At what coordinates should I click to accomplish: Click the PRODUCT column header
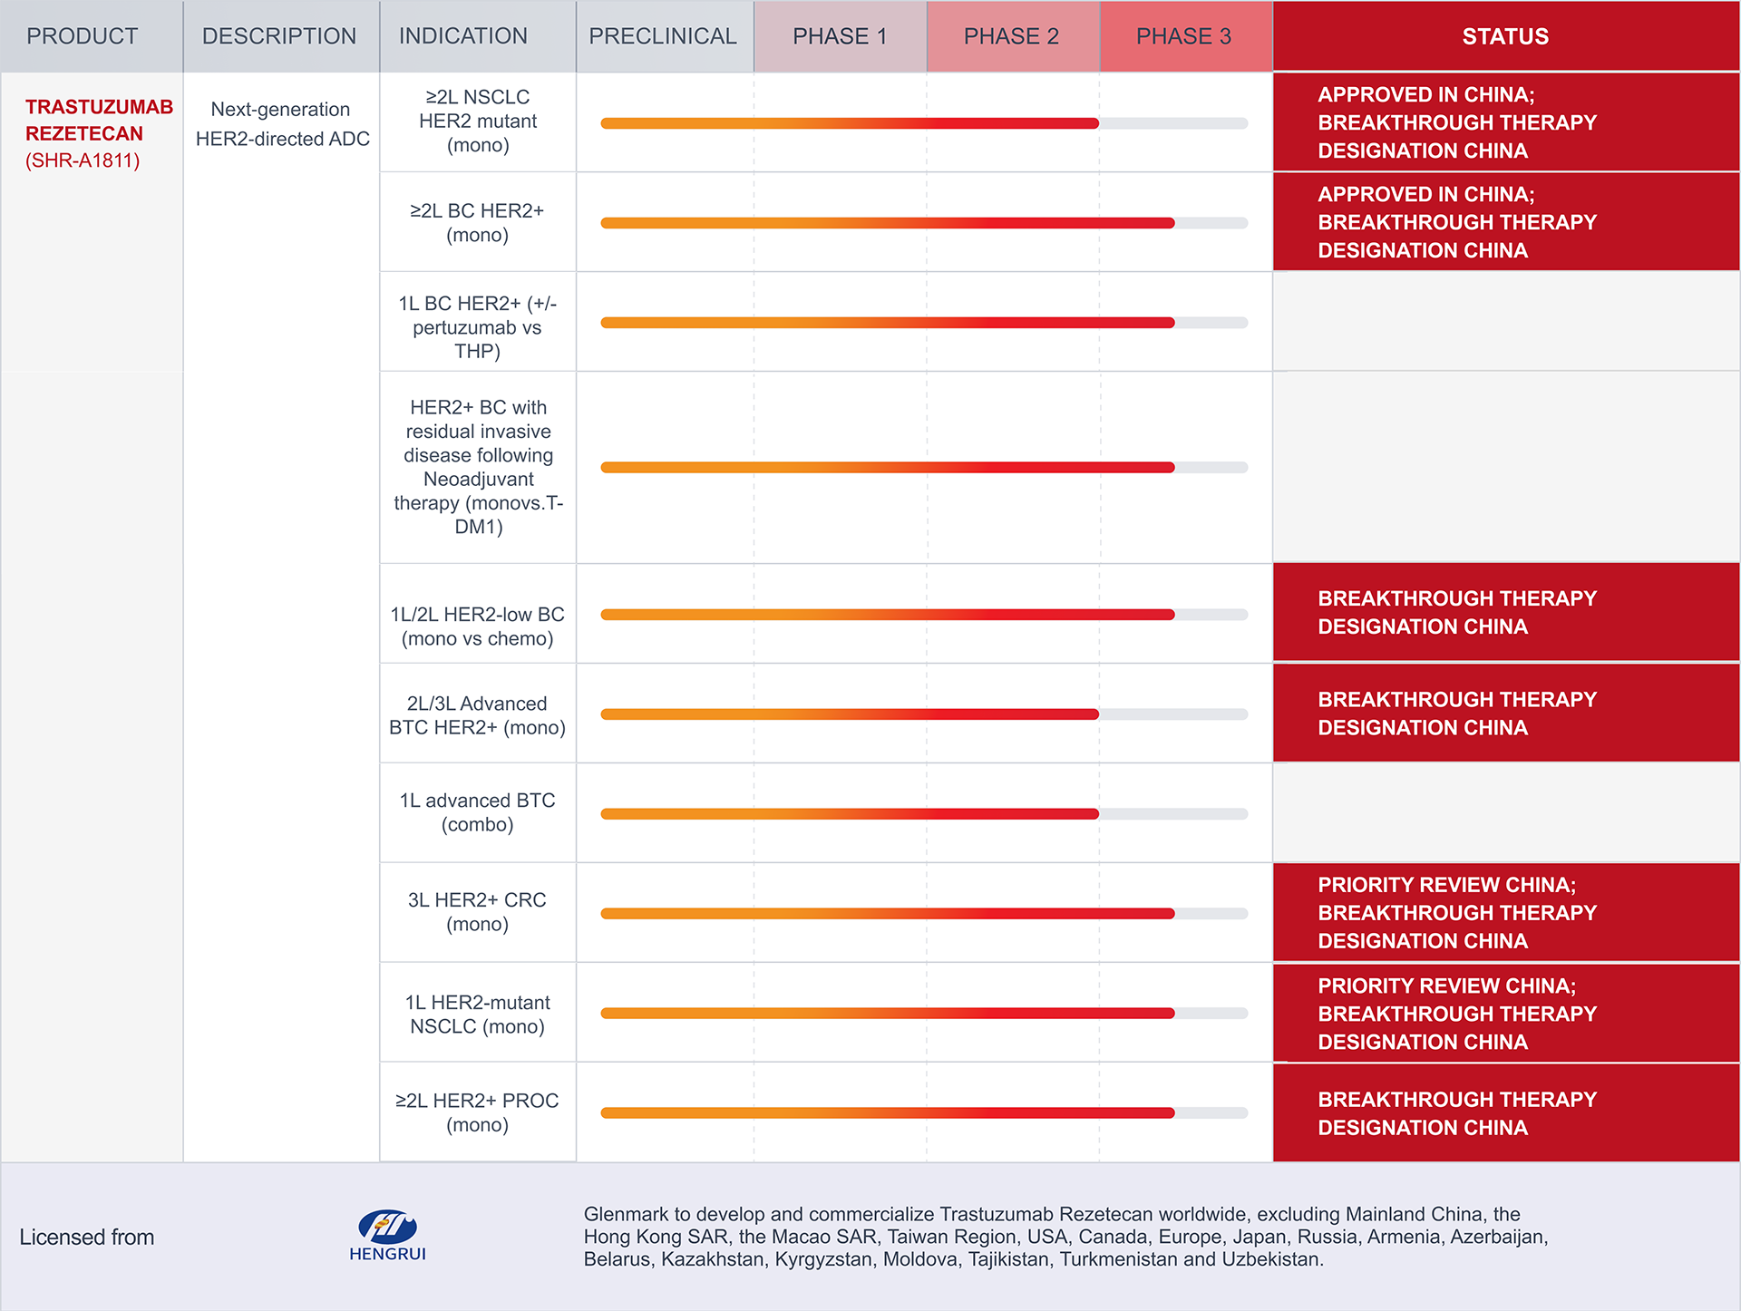click(83, 36)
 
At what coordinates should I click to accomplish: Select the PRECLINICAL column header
click(663, 36)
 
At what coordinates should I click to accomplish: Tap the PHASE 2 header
click(1011, 36)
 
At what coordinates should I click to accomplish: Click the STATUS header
click(1505, 36)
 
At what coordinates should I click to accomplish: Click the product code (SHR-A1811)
click(83, 160)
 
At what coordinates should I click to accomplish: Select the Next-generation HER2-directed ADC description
click(282, 124)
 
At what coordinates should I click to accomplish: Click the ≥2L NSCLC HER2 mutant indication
click(478, 121)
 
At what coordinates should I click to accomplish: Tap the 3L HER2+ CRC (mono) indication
click(478, 912)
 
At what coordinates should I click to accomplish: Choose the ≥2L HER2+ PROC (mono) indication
click(478, 1112)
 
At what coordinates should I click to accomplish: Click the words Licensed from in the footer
click(87, 1238)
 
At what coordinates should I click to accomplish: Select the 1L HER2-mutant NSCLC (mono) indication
click(478, 1015)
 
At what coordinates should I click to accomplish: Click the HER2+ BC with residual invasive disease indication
click(478, 467)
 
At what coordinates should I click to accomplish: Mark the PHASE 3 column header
click(1183, 36)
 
